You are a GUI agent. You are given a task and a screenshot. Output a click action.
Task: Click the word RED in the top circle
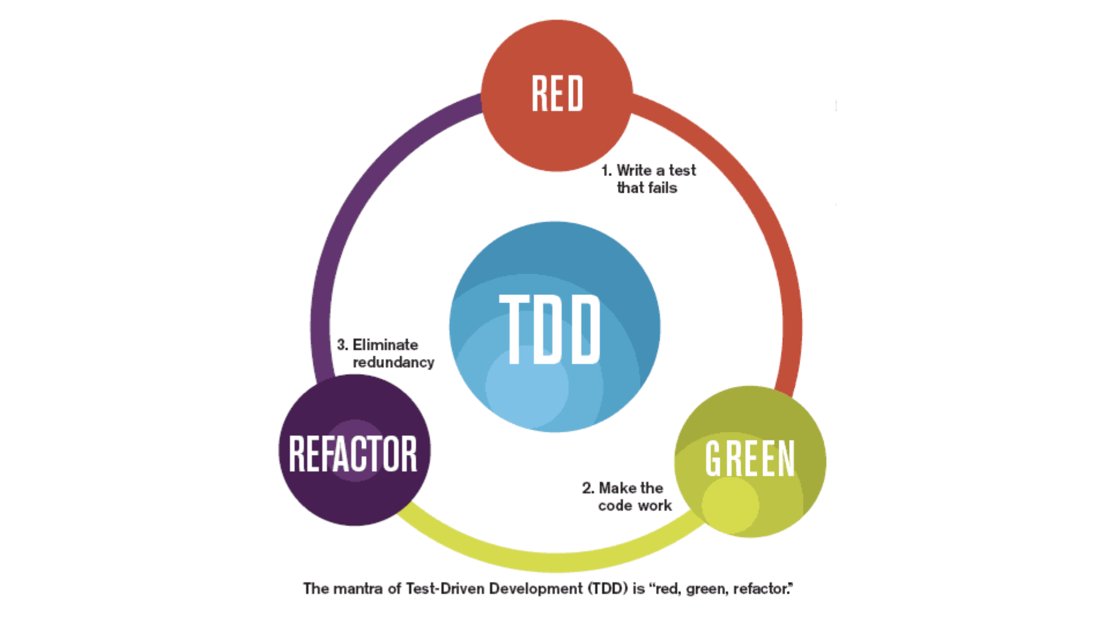click(x=557, y=94)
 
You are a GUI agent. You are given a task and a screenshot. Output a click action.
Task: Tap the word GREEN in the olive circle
click(x=750, y=459)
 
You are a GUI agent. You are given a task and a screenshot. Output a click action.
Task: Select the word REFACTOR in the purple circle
click(x=352, y=454)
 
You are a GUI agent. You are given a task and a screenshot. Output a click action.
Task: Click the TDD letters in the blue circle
click(x=550, y=330)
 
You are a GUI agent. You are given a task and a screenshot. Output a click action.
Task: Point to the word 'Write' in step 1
click(x=634, y=171)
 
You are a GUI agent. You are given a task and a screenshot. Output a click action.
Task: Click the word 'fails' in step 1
click(x=662, y=188)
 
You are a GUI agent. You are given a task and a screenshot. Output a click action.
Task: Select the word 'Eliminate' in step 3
click(x=385, y=345)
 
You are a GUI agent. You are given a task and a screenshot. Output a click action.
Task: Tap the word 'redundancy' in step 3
click(x=393, y=363)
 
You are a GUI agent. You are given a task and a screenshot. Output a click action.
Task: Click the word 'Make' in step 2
click(x=618, y=488)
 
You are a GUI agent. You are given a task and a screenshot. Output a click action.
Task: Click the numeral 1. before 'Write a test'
click(x=606, y=171)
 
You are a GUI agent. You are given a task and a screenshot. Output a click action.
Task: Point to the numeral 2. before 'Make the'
click(x=588, y=488)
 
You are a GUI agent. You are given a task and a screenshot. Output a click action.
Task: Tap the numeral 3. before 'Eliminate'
click(x=343, y=345)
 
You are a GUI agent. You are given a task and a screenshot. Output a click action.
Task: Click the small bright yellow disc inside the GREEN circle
click(x=730, y=505)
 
